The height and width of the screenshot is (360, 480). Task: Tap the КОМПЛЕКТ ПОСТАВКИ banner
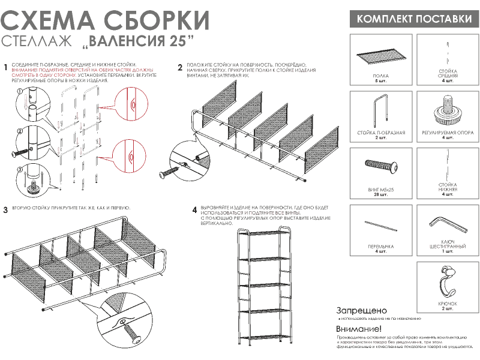click(414, 19)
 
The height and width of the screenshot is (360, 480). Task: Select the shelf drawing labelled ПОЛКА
click(380, 58)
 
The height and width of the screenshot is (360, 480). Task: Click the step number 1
click(5, 68)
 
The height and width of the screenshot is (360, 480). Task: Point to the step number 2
click(179, 68)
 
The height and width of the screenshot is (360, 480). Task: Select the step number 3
click(5, 210)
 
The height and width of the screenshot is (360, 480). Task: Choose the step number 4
click(194, 210)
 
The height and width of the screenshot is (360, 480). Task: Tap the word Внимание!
click(359, 329)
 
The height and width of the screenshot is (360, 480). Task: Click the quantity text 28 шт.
click(380, 195)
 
